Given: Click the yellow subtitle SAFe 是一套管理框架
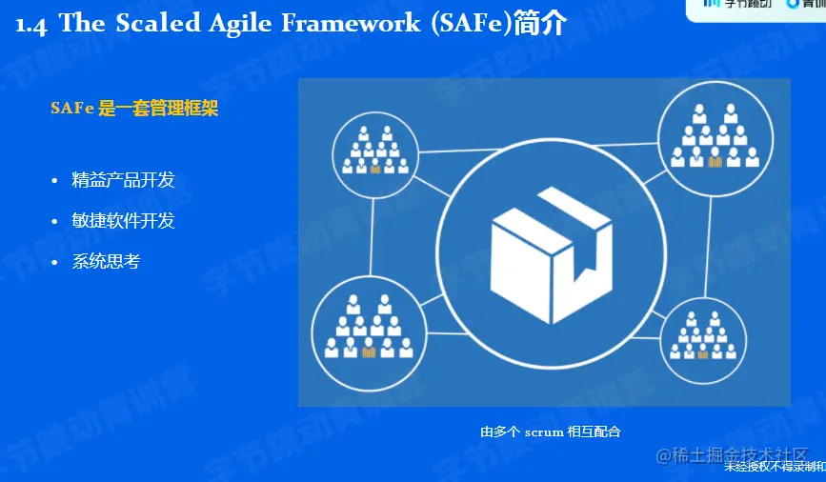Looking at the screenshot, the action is (134, 109).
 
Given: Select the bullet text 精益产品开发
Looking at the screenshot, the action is (123, 181).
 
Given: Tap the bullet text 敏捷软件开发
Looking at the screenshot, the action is (123, 221).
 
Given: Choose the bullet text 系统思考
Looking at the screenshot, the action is (106, 261).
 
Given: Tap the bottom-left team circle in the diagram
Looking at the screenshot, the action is (368, 328).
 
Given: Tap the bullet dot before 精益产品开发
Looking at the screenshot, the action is (56, 181).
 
